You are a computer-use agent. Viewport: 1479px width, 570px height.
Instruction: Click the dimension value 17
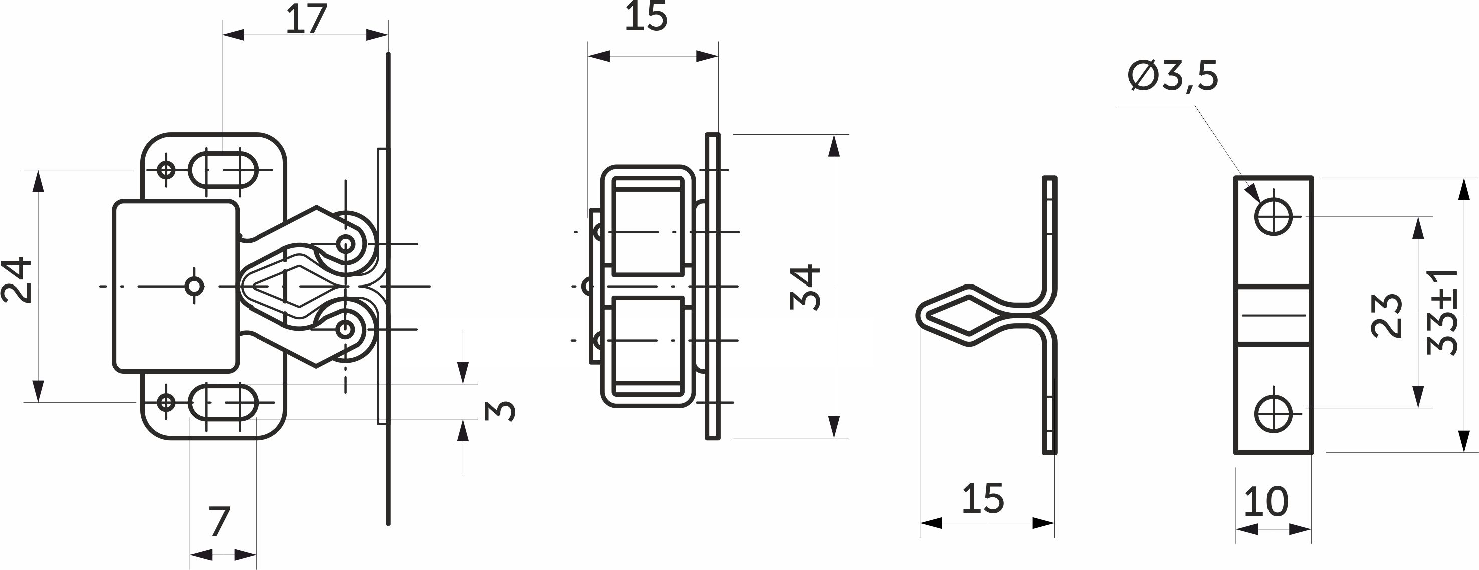pyautogui.click(x=306, y=19)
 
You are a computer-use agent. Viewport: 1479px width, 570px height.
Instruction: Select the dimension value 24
pyautogui.click(x=16, y=279)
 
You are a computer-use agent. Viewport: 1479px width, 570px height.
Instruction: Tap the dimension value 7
pyautogui.click(x=220, y=522)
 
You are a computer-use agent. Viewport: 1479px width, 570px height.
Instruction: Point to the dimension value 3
pyautogui.click(x=500, y=411)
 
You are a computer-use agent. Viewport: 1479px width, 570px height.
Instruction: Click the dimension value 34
pyautogui.click(x=805, y=287)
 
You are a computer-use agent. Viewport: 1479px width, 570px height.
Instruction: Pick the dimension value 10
pyautogui.click(x=1266, y=502)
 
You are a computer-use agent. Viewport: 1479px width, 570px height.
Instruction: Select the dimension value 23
pyautogui.click(x=1386, y=315)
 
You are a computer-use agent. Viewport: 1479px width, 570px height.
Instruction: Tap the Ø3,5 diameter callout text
pyautogui.click(x=1173, y=76)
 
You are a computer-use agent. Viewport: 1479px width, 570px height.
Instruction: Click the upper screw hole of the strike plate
pyautogui.click(x=1274, y=217)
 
